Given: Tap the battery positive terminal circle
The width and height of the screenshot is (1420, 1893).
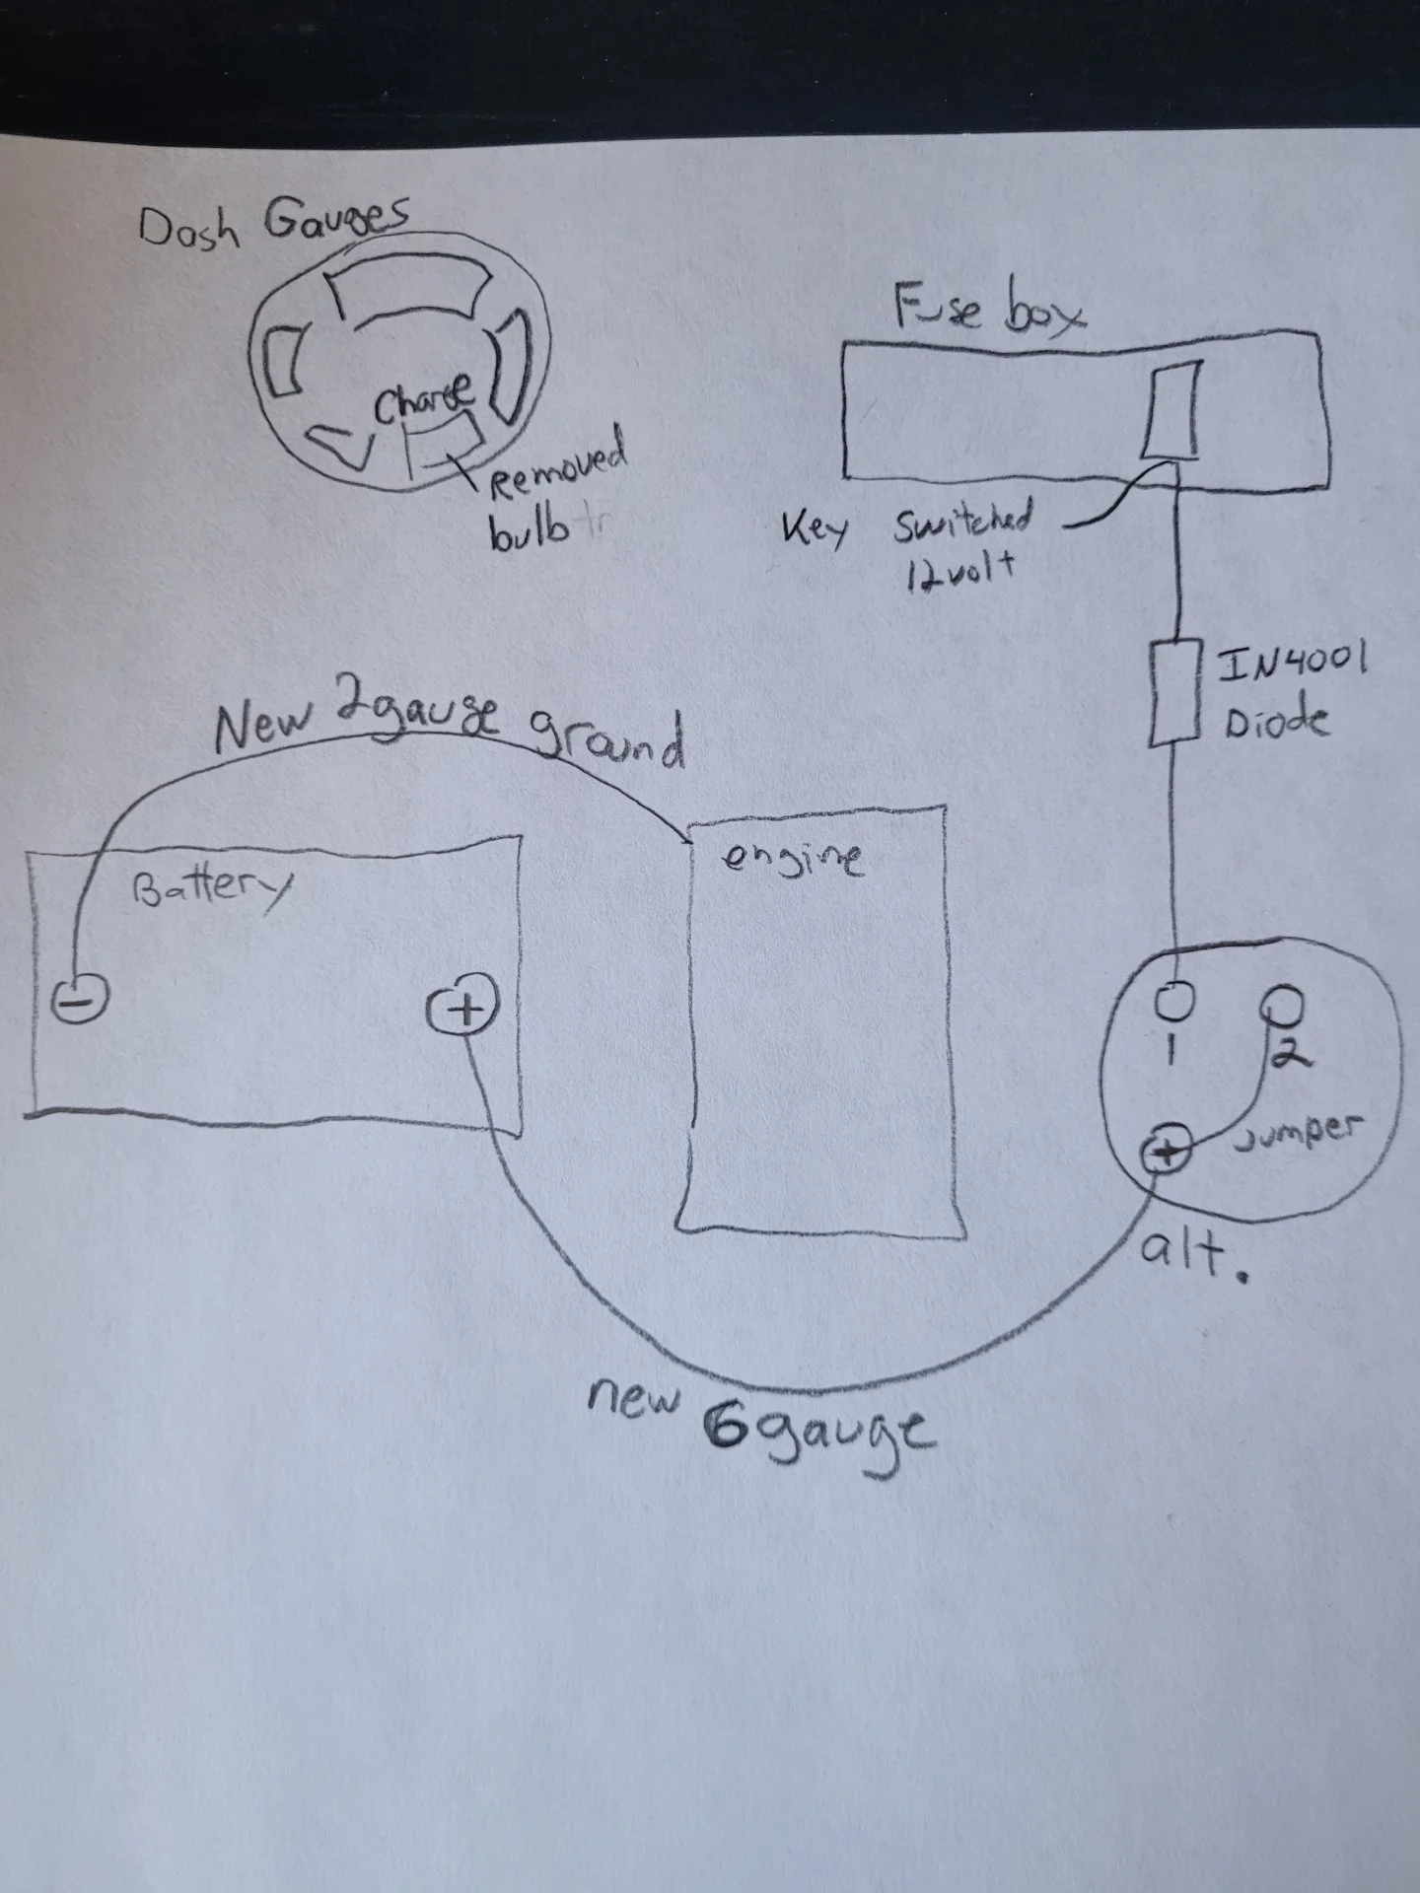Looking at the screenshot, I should click(461, 1010).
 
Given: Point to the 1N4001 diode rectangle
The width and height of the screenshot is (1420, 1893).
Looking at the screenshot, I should click(1174, 692).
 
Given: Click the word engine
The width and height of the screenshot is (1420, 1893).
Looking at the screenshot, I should click(794, 857).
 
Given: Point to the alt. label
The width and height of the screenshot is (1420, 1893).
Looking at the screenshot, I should click(1191, 1255).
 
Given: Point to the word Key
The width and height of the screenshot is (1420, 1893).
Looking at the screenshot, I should click(816, 529).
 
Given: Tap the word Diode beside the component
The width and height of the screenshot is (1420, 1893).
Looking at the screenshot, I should click(1276, 721).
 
